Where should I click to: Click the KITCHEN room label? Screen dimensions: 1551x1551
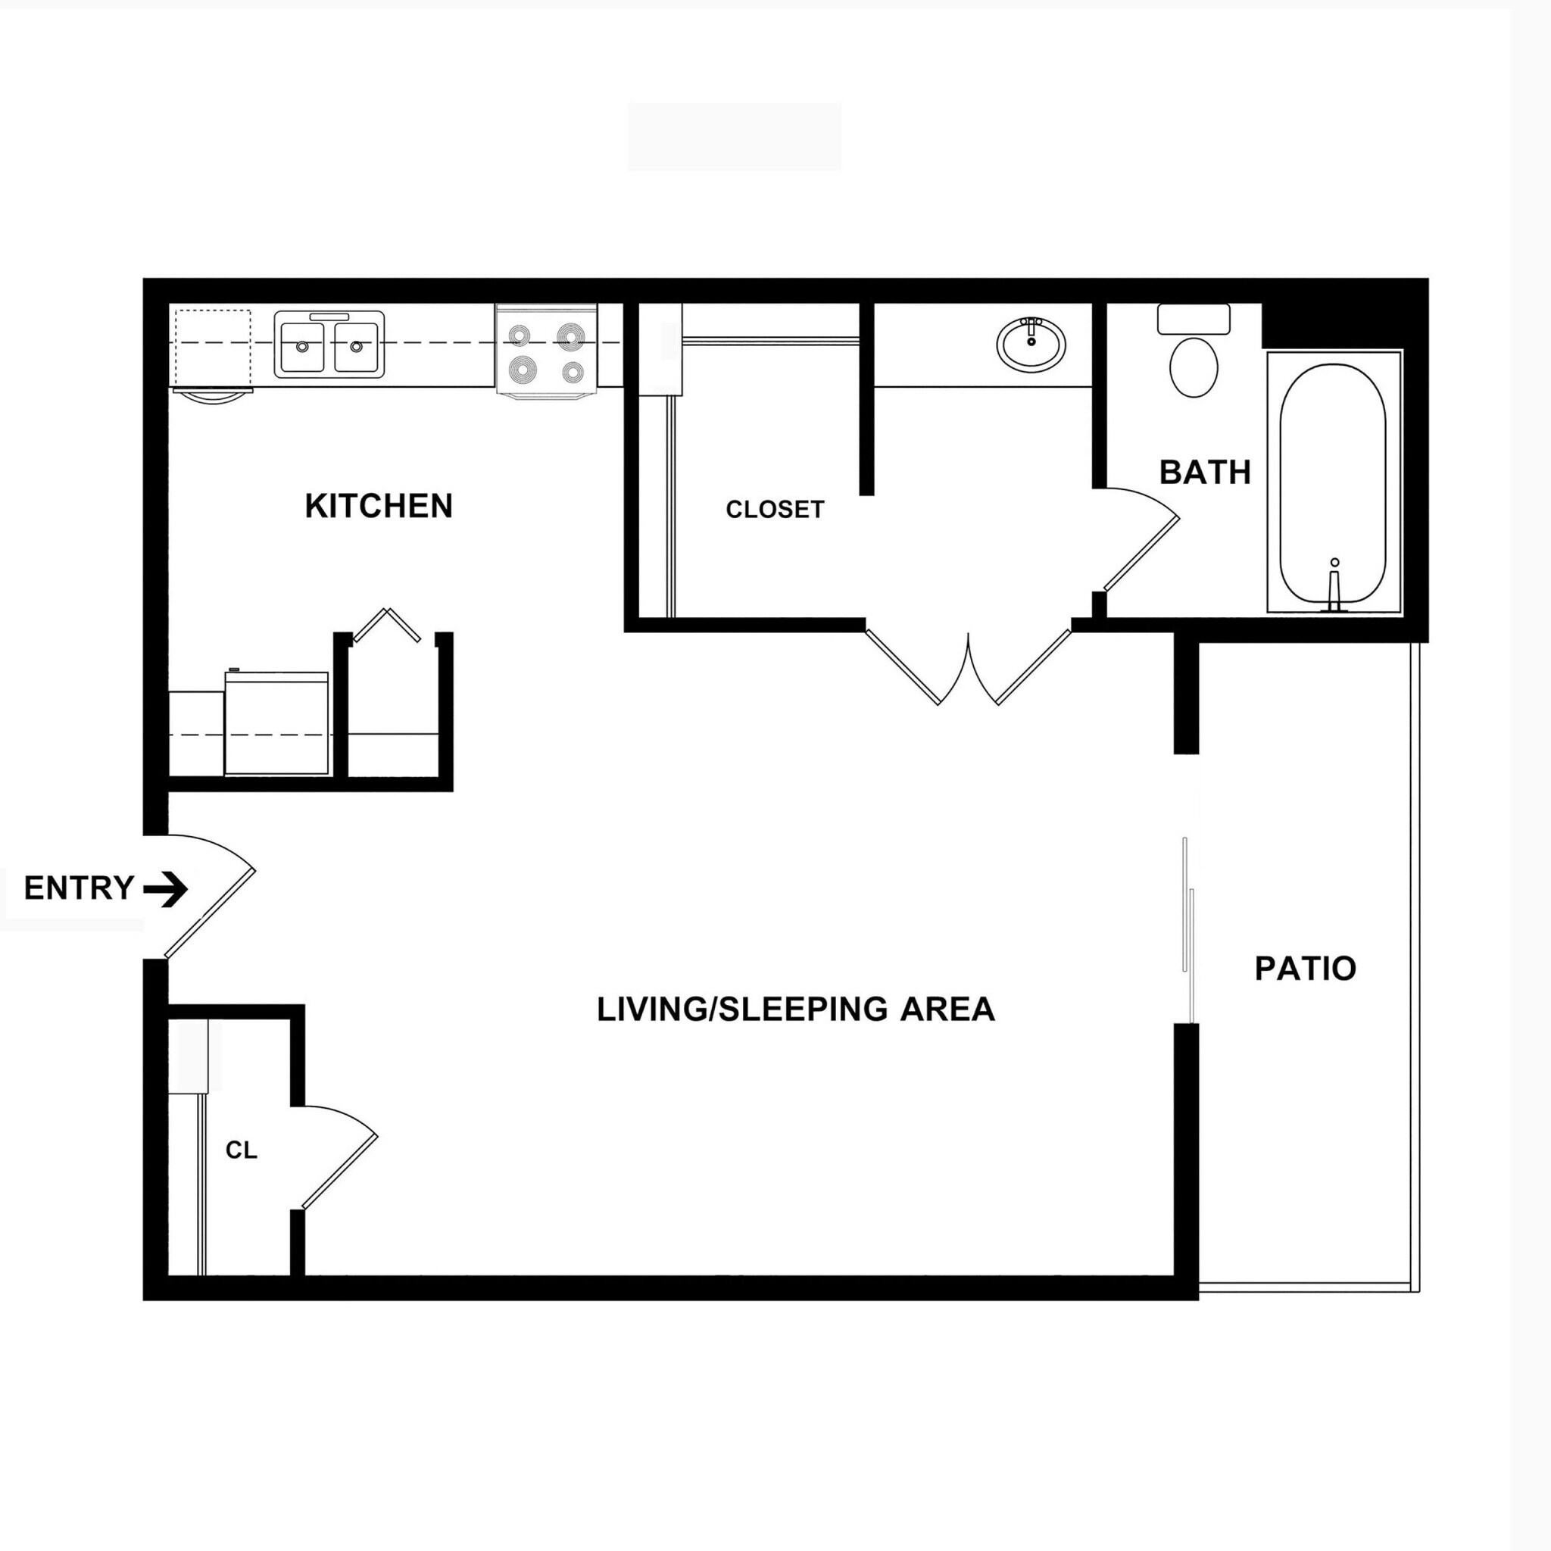[379, 506]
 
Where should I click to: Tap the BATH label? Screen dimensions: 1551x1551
[1205, 472]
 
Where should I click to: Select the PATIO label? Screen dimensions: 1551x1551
[1306, 968]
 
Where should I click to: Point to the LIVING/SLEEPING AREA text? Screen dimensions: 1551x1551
[796, 1009]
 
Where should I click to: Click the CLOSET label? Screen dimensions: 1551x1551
[775, 509]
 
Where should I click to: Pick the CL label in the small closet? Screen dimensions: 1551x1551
[241, 1150]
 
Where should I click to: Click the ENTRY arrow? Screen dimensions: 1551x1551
[166, 888]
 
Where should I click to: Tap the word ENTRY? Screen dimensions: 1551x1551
[79, 888]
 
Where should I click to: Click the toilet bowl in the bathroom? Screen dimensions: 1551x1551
[1194, 367]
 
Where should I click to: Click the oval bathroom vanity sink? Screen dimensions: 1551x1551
[1031, 344]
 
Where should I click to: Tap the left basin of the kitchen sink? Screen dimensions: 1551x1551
[302, 346]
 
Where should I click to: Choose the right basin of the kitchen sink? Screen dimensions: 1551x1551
[357, 346]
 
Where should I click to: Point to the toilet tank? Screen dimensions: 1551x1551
[1194, 319]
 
